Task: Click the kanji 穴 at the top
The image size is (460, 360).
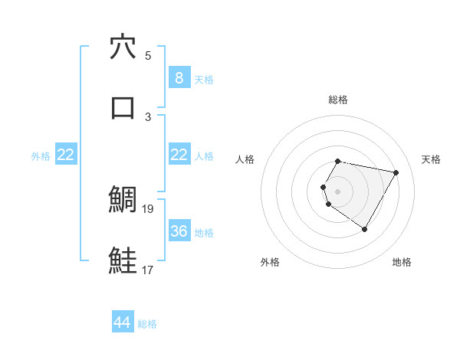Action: tap(123, 47)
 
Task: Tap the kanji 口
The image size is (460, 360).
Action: tap(123, 107)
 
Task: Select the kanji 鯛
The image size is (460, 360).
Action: tap(123, 201)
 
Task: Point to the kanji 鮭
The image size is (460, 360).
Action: tap(123, 260)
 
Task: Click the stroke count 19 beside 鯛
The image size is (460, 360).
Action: tap(148, 208)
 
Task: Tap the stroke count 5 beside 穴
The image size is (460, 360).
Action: tap(148, 55)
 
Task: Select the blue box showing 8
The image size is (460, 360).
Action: tap(179, 78)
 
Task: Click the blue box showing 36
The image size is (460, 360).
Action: tap(179, 231)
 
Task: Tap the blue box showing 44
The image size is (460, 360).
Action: tap(123, 323)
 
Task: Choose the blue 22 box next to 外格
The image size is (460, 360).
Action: tap(66, 155)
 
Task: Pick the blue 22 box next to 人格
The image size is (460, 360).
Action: tap(179, 155)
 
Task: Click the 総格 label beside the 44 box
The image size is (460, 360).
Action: tap(147, 324)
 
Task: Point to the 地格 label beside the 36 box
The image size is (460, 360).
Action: tap(204, 232)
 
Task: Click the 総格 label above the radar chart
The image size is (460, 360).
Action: tap(338, 100)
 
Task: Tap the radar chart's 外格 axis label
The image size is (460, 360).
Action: tap(270, 262)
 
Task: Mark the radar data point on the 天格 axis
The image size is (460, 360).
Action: tap(396, 173)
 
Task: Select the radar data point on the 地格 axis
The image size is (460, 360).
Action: tap(364, 229)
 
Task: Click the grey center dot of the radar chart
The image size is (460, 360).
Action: tap(338, 191)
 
